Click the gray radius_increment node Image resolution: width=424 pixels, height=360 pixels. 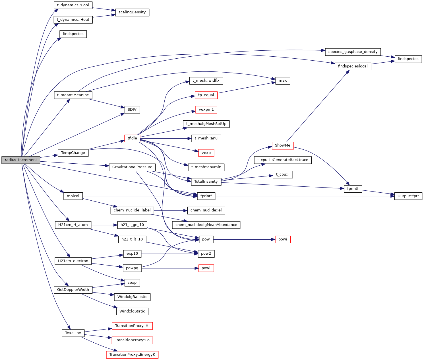pos(21,160)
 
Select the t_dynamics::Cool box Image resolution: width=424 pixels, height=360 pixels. pos(73,5)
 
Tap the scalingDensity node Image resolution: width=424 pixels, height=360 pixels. pos(132,12)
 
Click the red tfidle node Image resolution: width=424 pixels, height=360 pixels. pos(132,138)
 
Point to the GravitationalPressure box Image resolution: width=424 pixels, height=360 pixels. pos(132,167)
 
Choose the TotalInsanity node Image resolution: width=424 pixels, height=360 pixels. pos(206,182)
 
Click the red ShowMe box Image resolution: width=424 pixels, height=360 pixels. pos(282,145)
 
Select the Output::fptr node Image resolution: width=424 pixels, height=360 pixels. pos(408,196)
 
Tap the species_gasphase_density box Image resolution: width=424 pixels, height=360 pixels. pos(353,52)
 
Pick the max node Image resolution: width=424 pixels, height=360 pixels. pos(283,81)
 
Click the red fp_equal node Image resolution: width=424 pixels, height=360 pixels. pos(206,95)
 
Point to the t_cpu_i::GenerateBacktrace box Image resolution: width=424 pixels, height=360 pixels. pos(283,160)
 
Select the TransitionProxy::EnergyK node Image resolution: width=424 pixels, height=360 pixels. pos(132,355)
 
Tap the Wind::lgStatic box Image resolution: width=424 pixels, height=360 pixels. pos(132,311)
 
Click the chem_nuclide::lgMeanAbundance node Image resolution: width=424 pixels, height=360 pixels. pos(206,225)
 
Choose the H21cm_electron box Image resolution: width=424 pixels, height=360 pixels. pos(73,261)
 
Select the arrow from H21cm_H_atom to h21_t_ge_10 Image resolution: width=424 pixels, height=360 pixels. pos(104,225)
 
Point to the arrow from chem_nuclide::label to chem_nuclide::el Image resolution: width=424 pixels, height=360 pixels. pos(170,211)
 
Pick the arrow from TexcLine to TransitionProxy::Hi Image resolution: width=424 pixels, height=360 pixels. pos(97,330)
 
